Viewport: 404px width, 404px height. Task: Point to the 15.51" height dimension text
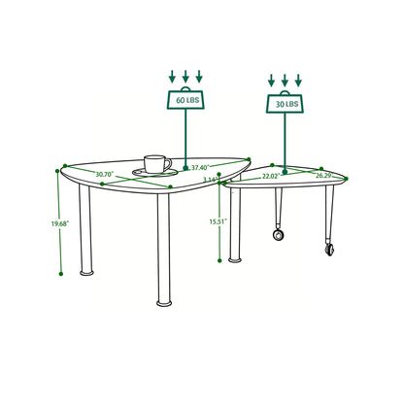[219, 221]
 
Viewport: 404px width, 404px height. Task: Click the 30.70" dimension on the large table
[106, 175]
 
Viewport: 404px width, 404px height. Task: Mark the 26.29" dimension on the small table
[321, 177]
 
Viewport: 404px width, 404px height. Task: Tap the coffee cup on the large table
[156, 164]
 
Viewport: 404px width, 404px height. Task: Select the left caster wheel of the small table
[280, 233]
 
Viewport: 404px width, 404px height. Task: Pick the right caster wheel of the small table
[328, 250]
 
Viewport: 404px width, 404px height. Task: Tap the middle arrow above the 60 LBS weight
[185, 75]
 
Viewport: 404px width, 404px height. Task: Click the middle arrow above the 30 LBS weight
[285, 78]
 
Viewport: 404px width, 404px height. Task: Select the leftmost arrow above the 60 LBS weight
[170, 75]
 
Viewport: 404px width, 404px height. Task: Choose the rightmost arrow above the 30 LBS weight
[299, 78]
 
